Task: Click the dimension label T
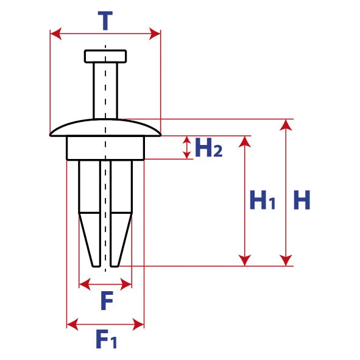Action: (105, 21)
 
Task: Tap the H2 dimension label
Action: (208, 147)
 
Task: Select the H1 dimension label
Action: (262, 200)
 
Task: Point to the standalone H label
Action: (302, 200)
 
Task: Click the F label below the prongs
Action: (107, 300)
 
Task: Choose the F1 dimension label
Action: (107, 339)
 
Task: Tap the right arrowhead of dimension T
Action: (155, 34)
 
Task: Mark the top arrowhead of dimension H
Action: (286, 125)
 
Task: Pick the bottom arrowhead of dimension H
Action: (286, 260)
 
